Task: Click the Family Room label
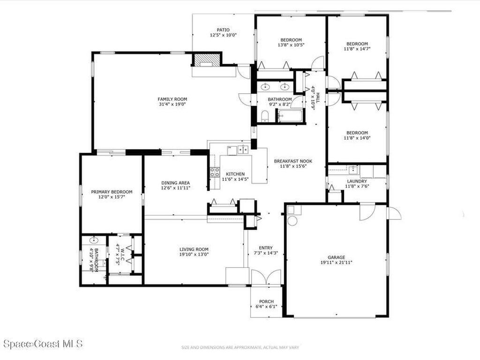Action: [172, 99]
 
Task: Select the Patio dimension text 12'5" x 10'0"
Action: [223, 35]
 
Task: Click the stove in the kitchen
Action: [214, 172]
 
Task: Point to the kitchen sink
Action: [242, 150]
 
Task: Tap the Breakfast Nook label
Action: [293, 161]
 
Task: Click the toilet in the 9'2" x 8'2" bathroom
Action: [264, 116]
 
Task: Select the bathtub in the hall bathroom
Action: [291, 116]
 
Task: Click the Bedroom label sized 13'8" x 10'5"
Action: [291, 40]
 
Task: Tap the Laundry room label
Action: [357, 181]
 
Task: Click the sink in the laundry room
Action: [353, 169]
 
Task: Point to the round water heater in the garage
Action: [292, 221]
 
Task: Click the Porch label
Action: [266, 301]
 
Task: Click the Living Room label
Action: [194, 249]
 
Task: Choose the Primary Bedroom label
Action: [112, 192]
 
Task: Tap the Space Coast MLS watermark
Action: [42, 344]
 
